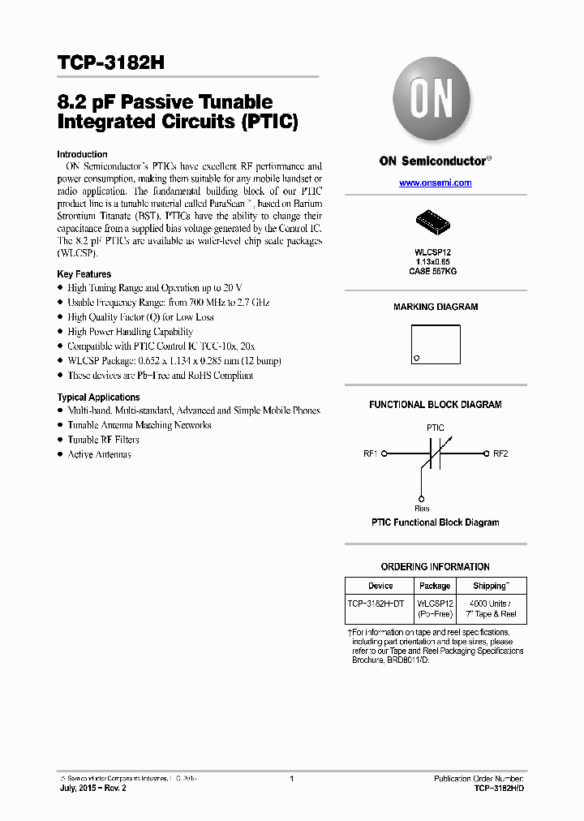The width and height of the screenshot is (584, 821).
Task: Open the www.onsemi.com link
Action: pyautogui.click(x=435, y=183)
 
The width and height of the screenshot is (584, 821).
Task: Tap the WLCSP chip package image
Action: pyautogui.click(x=435, y=220)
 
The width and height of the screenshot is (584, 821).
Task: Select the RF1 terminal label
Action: pyautogui.click(x=371, y=453)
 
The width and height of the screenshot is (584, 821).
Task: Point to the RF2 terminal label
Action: pyautogui.click(x=500, y=453)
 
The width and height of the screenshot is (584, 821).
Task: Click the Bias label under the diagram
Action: pyautogui.click(x=422, y=508)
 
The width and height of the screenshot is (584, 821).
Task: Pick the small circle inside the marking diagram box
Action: pyautogui.click(x=417, y=358)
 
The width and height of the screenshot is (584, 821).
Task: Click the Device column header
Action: pyautogui.click(x=380, y=586)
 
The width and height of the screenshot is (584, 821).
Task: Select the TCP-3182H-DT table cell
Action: pyautogui.click(x=380, y=604)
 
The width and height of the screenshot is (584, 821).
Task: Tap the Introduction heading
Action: pyautogui.click(x=82, y=154)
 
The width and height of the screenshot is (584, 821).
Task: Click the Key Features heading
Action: pyautogui.click(x=84, y=274)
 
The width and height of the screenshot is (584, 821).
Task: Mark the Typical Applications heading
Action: pyautogui.click(x=98, y=398)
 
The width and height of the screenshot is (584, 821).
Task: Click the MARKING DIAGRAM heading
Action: pyautogui.click(x=436, y=307)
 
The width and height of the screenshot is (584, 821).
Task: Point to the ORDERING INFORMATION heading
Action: pyautogui.click(x=436, y=567)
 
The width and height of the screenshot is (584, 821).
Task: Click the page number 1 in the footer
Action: pyautogui.click(x=291, y=779)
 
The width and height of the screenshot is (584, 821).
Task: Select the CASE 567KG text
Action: pyautogui.click(x=433, y=272)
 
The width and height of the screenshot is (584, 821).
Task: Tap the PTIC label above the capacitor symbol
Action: pyautogui.click(x=435, y=428)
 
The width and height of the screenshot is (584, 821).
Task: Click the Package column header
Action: pyautogui.click(x=435, y=586)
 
